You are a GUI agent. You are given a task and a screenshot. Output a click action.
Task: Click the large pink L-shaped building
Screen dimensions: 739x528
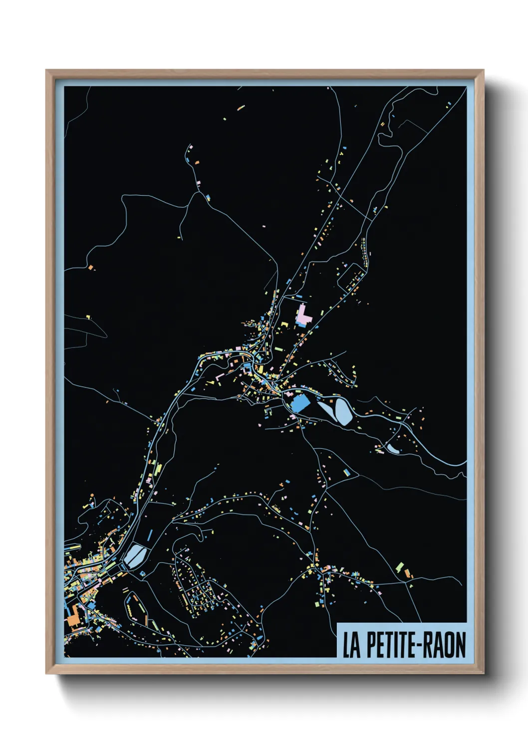click(x=303, y=316)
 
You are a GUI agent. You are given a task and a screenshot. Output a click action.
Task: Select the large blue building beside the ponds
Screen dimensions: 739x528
click(x=299, y=403)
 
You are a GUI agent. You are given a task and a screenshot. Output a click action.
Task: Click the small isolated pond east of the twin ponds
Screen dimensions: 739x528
click(x=392, y=449)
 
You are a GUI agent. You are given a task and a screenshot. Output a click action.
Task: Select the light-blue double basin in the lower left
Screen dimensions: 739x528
click(x=133, y=555)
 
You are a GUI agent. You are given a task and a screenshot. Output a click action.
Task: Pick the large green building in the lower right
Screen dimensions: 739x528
click(x=399, y=567)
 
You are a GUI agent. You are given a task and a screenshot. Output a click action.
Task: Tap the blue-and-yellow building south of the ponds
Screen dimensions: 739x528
click(x=346, y=471)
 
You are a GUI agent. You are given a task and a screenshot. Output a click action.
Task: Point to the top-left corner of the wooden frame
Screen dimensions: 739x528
click(x=47, y=71)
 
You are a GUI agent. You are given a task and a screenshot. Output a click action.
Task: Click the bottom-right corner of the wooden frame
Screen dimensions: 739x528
click(x=483, y=673)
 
